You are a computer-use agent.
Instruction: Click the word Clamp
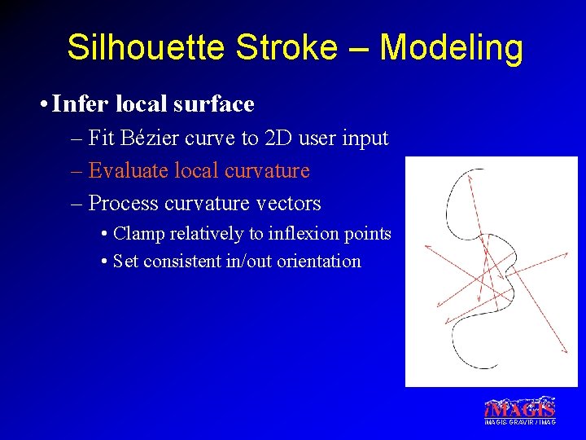[139, 234]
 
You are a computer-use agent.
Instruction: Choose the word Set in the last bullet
[126, 262]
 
